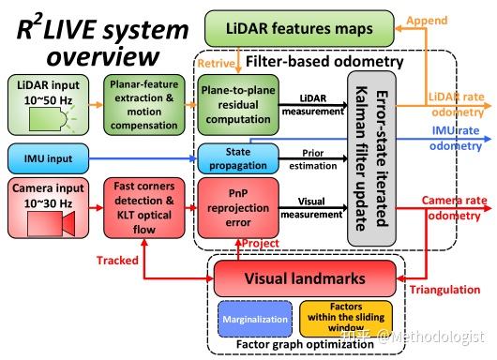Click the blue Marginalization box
[253, 318]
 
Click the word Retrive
[214, 65]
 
